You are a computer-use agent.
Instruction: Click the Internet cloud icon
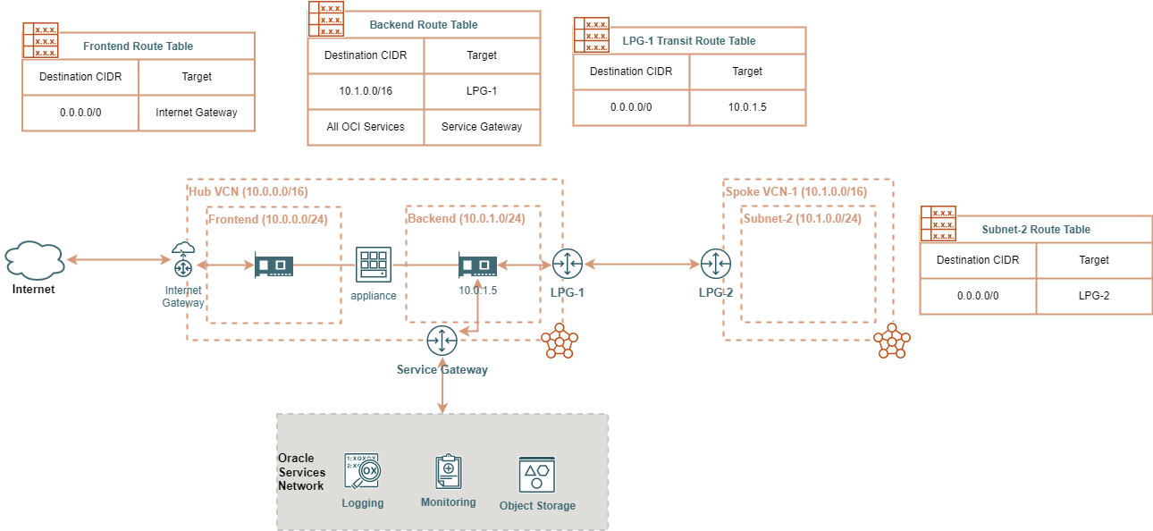point(34,259)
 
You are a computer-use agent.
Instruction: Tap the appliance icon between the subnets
point(374,265)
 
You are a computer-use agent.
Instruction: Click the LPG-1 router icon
point(567,265)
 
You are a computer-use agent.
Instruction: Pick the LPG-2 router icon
point(716,265)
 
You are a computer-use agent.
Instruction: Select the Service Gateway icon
point(442,341)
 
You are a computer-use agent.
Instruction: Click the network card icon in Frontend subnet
point(274,265)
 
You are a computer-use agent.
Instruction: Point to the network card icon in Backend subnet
point(477,265)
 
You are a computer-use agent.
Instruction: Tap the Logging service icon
point(362,471)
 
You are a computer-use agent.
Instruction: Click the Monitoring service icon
point(449,471)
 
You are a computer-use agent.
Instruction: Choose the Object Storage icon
point(536,474)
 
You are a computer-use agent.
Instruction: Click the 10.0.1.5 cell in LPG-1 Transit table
point(747,107)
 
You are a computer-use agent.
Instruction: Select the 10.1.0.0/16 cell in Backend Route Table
point(366,91)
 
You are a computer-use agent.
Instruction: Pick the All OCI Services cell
point(366,127)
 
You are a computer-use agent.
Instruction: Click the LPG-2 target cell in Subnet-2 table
point(1094,296)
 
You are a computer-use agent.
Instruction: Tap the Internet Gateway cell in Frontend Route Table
point(197,113)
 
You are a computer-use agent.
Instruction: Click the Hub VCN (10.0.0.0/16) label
point(248,191)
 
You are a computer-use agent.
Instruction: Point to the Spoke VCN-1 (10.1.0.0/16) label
point(795,192)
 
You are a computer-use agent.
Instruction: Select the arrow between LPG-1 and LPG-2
point(641,265)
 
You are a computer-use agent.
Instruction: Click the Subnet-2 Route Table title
point(1036,230)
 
